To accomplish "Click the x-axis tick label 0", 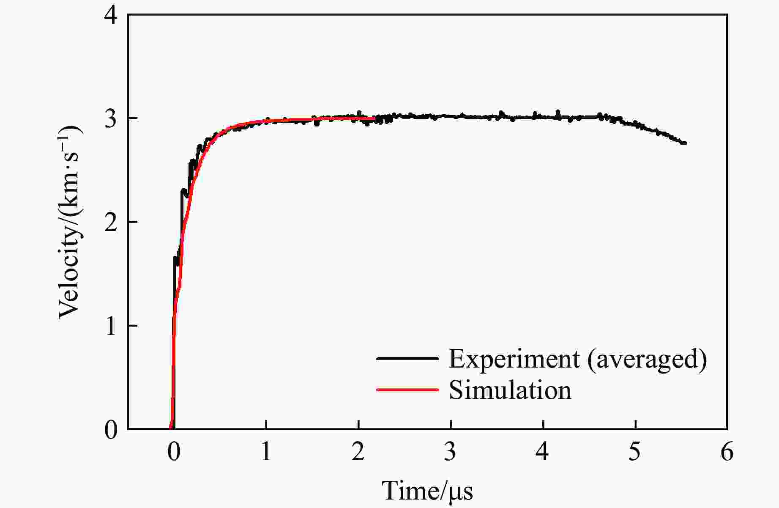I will tap(173, 453).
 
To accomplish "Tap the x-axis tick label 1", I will tap(266, 453).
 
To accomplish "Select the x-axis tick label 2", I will tap(358, 453).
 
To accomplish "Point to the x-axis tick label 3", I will tap(451, 453).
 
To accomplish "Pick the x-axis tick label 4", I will tap(543, 453).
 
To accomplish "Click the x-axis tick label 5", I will tap(635, 453).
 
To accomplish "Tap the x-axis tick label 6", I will tap(727, 453).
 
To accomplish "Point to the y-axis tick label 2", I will tap(111, 222).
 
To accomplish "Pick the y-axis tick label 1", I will tap(111, 326).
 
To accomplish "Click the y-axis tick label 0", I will tap(111, 430).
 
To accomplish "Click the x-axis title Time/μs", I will tap(427, 491).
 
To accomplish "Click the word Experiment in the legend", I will tap(514, 359).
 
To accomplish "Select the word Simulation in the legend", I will tap(510, 390).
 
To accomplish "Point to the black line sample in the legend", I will tap(407, 358).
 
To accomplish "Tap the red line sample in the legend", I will tap(407, 389).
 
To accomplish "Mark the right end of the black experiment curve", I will tap(685, 143).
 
